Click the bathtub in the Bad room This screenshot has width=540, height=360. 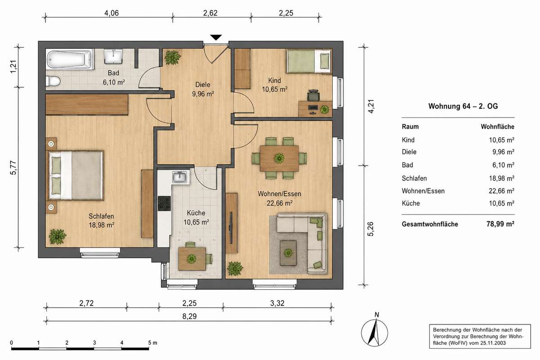(70, 59)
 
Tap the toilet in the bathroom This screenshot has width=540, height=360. (53, 81)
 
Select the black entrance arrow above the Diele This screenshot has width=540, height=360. (216, 38)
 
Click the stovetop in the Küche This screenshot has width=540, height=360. (164, 203)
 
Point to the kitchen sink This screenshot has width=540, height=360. (180, 177)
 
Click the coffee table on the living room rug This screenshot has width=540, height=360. (288, 253)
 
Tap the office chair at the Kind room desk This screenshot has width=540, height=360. (313, 95)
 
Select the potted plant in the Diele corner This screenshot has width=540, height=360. (172, 58)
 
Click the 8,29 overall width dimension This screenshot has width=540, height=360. (189, 316)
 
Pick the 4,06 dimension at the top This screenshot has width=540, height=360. (112, 13)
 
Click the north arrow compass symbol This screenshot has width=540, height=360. (374, 332)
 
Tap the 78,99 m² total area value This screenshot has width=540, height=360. (500, 224)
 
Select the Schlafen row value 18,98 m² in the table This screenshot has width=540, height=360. (501, 179)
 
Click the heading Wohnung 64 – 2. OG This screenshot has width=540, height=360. (463, 106)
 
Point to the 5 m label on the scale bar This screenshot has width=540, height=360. (153, 342)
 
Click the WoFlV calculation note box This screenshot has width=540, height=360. (480, 336)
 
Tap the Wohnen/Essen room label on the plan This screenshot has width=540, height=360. (279, 194)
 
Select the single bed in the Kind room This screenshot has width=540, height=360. (309, 61)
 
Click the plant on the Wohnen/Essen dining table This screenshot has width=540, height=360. (279, 158)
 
